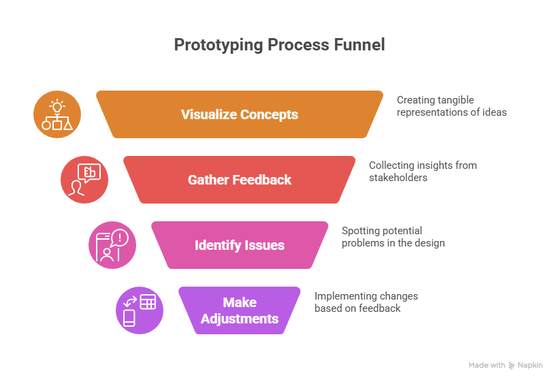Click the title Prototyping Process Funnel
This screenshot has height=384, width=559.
279,45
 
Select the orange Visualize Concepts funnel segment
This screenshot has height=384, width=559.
240,114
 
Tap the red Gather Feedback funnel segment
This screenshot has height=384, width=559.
240,180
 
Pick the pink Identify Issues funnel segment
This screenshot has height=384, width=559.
240,245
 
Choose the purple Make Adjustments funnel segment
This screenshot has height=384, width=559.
240,310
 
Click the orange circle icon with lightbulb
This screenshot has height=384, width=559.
57,114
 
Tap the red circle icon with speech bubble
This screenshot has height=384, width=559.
84,180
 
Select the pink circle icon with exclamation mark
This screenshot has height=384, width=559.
112,245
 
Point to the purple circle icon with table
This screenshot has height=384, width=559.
140,310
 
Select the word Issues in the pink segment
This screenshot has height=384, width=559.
267,245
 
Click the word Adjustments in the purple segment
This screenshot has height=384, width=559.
240,319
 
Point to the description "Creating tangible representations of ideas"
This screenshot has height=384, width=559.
451,106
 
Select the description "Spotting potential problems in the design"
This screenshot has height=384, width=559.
393,236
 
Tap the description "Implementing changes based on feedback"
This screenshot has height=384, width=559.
366,302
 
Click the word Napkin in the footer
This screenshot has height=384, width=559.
530,366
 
